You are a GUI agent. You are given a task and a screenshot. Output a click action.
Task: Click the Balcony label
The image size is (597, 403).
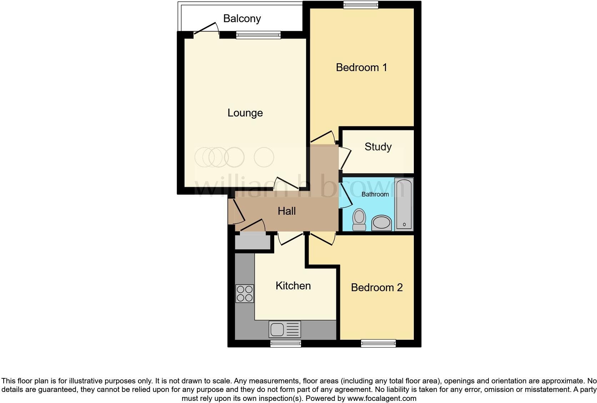[x=242, y=18]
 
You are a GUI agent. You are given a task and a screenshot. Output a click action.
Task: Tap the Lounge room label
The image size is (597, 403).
[x=245, y=113]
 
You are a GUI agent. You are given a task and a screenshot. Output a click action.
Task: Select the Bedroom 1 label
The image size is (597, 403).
[x=361, y=67]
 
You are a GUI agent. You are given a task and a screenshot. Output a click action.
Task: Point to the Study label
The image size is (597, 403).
[x=378, y=146]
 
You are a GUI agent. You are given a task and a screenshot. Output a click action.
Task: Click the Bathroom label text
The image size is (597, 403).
[x=375, y=194]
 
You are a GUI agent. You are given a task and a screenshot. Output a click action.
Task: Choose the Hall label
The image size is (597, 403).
[x=286, y=211]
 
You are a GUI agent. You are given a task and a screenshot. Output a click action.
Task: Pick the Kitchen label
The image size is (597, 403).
[x=293, y=286]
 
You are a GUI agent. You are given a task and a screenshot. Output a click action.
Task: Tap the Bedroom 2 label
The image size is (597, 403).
[x=377, y=287]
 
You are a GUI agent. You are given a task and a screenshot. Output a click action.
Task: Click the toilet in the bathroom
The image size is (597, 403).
[x=359, y=220]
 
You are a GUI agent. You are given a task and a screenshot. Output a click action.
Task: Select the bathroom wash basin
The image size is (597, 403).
[x=381, y=223]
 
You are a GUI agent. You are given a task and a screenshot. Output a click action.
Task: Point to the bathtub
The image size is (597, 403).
[x=404, y=204]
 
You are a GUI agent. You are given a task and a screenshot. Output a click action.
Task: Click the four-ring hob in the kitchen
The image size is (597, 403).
[x=245, y=293]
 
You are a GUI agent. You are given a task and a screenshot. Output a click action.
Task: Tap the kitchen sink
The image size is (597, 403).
[x=285, y=329]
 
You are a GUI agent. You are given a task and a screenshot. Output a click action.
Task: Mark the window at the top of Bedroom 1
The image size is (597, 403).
[x=361, y=5]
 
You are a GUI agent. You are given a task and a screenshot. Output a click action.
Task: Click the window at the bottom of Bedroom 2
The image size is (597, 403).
[x=378, y=343]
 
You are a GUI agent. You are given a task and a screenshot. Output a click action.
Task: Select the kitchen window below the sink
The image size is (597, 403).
[x=286, y=344]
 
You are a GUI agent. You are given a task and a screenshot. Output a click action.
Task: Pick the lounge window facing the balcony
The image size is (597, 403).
[x=258, y=35]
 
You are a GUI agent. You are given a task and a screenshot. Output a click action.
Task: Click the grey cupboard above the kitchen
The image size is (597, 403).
[x=253, y=242]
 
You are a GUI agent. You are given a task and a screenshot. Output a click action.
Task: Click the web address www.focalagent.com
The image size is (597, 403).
[x=382, y=398]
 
